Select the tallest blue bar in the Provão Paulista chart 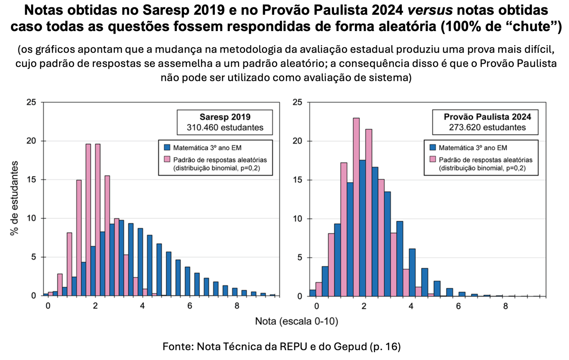[362, 227]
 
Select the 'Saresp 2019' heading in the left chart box [225, 117]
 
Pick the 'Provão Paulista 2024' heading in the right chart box [488, 117]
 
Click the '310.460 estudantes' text [225, 128]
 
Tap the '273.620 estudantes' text [488, 128]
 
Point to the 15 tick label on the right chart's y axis [298, 180]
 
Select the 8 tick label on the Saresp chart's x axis [237, 306]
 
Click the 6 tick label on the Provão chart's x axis [458, 306]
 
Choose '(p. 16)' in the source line [386, 347]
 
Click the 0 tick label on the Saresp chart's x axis [48, 306]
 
